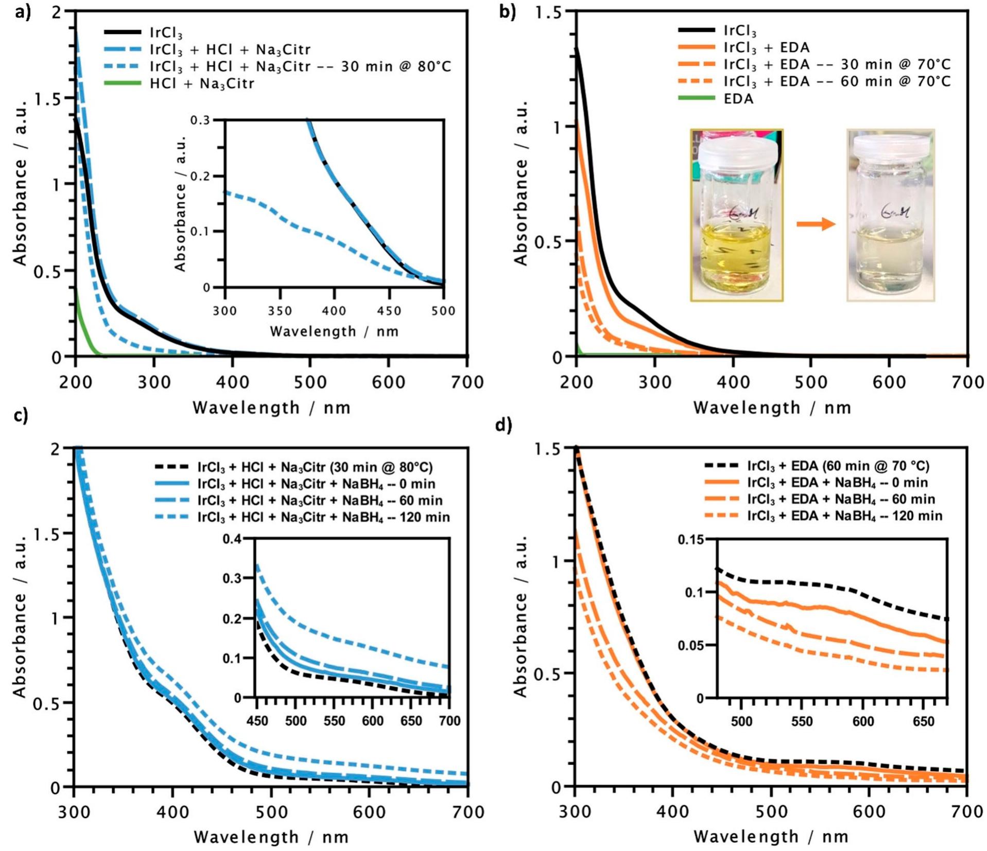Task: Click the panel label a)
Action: [22, 11]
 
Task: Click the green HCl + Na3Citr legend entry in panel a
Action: [201, 83]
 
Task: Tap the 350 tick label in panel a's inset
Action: [280, 311]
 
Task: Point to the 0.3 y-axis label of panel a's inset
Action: [201, 120]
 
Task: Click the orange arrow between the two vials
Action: [816, 224]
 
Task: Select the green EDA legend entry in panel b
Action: [738, 98]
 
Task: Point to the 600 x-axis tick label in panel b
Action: [889, 382]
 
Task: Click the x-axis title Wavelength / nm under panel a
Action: [271, 408]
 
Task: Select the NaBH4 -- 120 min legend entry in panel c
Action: [323, 517]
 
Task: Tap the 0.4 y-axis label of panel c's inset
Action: [231, 539]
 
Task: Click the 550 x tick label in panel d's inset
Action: [802, 722]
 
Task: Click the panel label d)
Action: [503, 427]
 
